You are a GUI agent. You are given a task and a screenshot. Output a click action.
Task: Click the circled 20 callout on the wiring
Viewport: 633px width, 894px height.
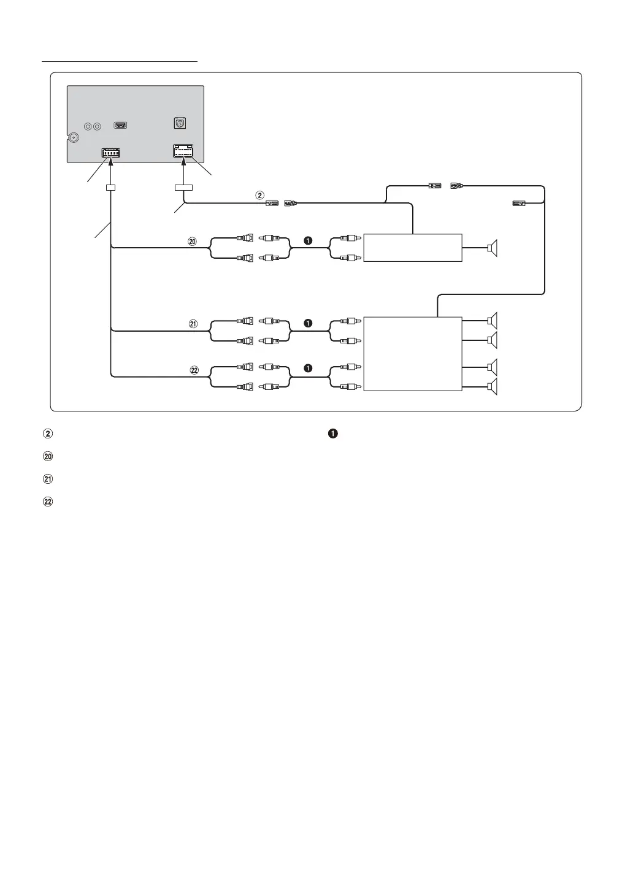point(192,242)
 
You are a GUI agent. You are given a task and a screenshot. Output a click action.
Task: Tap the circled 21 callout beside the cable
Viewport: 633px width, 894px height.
point(193,324)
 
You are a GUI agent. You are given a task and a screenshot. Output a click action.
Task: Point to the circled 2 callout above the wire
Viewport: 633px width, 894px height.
point(259,196)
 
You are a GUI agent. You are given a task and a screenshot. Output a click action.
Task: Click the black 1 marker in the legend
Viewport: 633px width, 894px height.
point(332,434)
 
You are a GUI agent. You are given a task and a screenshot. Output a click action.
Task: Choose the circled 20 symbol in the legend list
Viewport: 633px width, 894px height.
point(48,456)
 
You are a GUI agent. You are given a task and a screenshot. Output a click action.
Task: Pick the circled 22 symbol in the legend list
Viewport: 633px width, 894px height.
point(48,502)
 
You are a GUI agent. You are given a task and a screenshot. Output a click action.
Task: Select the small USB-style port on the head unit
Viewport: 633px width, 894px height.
point(121,126)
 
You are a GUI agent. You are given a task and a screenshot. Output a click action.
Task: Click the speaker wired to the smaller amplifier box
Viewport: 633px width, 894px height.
point(492,248)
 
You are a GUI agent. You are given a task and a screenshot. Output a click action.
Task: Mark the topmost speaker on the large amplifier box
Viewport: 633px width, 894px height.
point(492,320)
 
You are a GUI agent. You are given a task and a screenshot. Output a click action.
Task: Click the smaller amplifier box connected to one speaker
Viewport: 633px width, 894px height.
point(412,248)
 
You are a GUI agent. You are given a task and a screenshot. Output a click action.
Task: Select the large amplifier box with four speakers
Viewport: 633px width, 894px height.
point(412,354)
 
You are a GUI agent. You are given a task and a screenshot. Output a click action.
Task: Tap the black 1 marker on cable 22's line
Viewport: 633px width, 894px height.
point(308,368)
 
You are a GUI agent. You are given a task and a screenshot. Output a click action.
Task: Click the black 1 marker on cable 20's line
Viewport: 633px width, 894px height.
point(308,241)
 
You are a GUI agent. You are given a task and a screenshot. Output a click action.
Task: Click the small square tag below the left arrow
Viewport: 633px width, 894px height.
point(111,188)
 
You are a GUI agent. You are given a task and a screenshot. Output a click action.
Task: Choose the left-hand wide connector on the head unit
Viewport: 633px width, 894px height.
point(111,153)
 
